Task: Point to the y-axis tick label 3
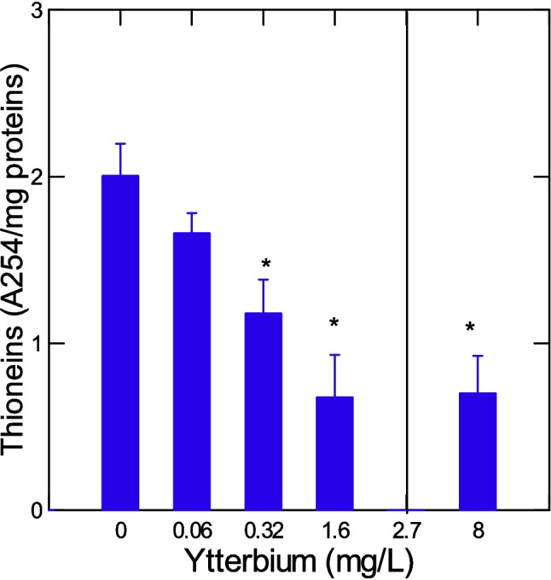pos(35,11)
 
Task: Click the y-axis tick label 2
pos(35,177)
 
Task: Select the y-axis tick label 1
pos(35,344)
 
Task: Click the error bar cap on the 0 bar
pos(120,143)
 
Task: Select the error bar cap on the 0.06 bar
pos(192,213)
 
